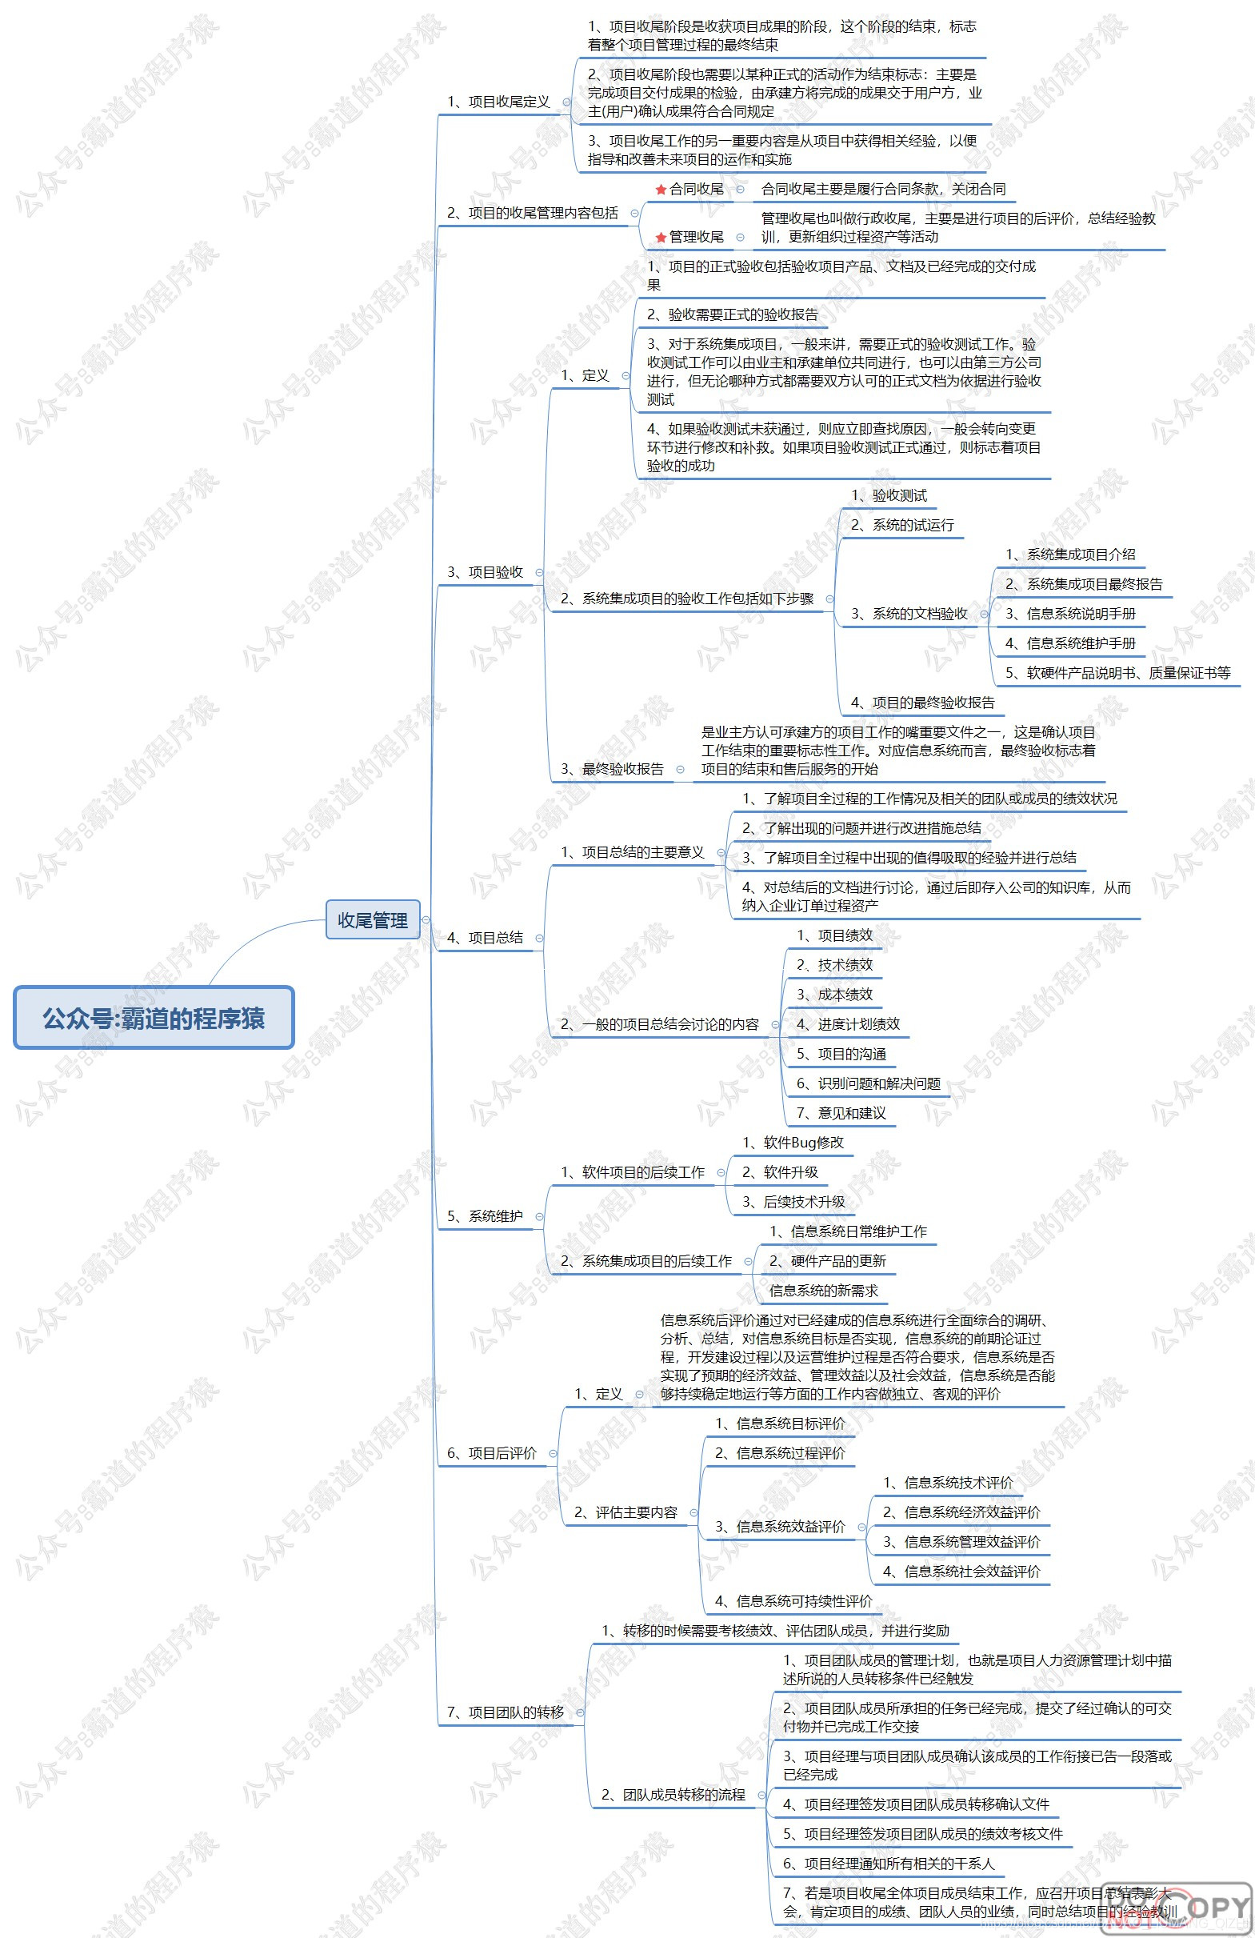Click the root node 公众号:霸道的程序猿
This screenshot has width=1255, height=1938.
click(x=153, y=1018)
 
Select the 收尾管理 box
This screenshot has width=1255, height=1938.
click(x=373, y=920)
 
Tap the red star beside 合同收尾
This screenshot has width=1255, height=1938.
click(x=661, y=190)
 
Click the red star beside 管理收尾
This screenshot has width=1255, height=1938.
click(x=661, y=238)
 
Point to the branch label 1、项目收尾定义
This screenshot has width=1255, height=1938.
click(x=498, y=102)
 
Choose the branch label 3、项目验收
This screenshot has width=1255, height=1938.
click(x=484, y=572)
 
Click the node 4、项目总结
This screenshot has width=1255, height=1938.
click(x=484, y=938)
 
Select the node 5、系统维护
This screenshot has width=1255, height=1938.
click(x=484, y=1216)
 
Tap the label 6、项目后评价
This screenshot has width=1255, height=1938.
click(x=492, y=1453)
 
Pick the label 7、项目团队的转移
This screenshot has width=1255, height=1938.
click(x=505, y=1712)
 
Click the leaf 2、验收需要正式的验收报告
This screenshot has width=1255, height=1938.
click(x=732, y=314)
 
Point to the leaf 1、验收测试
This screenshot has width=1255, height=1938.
click(x=888, y=495)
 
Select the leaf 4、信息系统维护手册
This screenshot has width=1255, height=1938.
click(x=1069, y=643)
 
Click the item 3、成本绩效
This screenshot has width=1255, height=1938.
click(x=833, y=995)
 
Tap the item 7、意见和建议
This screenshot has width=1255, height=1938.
click(x=840, y=1113)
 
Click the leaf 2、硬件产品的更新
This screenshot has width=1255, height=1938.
click(x=827, y=1261)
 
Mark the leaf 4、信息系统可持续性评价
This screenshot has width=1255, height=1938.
click(x=793, y=1601)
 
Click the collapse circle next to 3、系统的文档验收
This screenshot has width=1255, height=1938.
click(x=984, y=614)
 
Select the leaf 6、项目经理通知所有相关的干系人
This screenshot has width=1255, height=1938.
click(x=888, y=1864)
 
